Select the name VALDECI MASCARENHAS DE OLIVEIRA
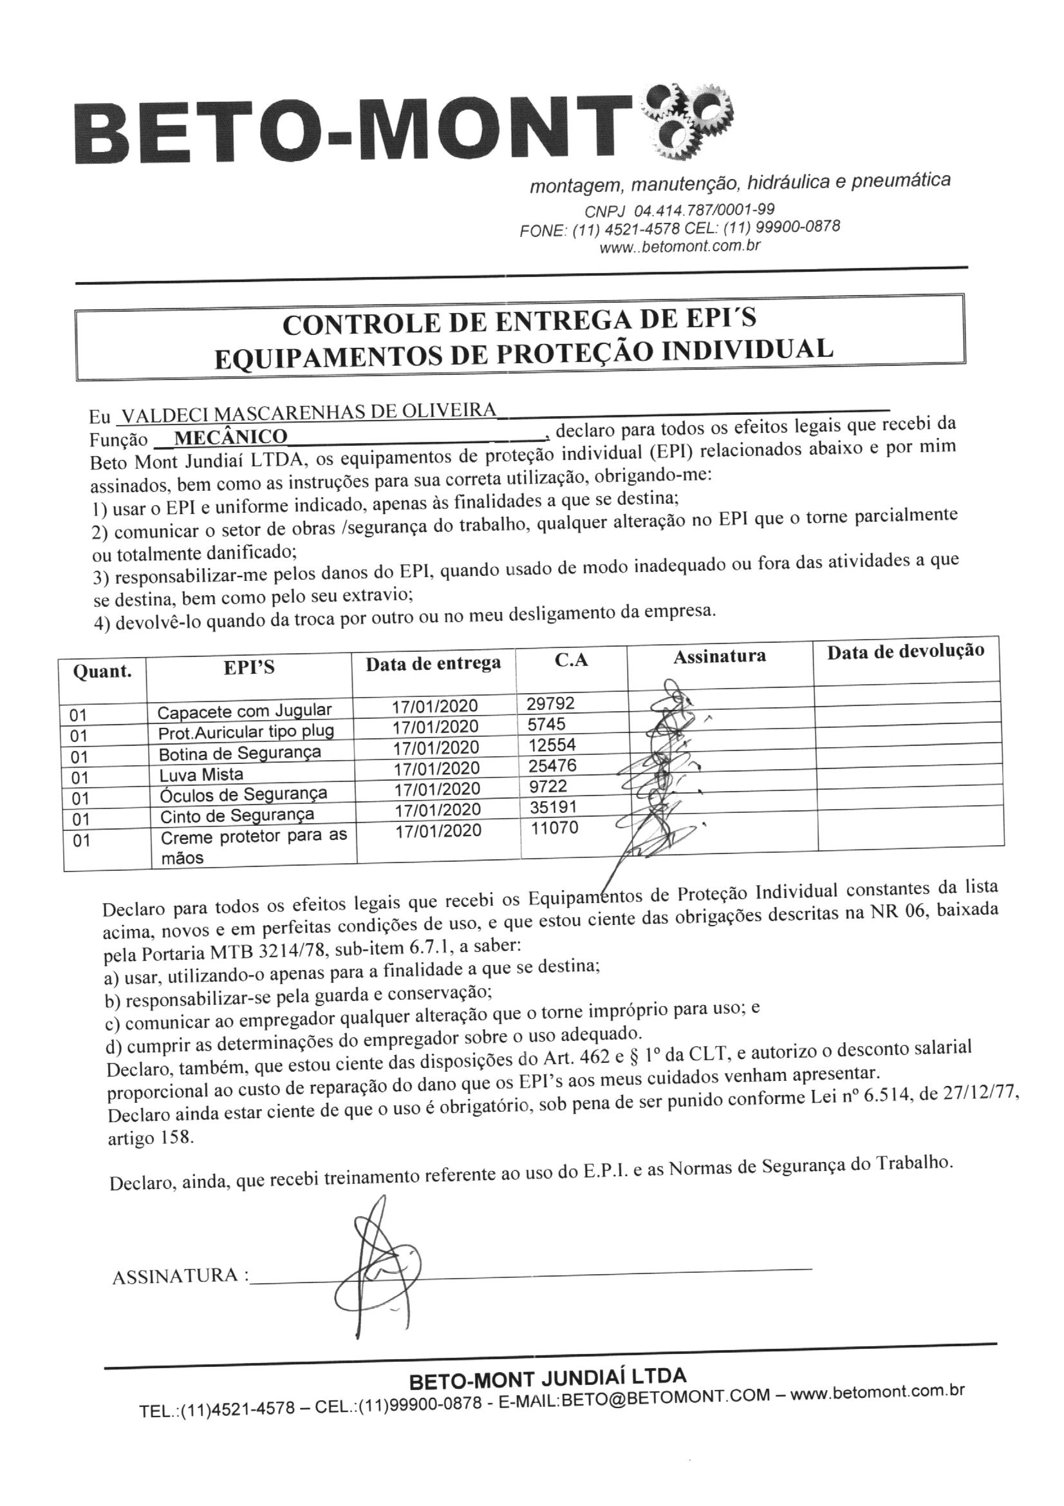coord(309,411)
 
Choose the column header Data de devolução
coord(906,651)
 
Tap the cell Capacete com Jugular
coord(245,711)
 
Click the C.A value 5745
coord(545,724)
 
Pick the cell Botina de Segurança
coord(240,753)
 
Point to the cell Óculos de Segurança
coord(244,795)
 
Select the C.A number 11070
coord(555,828)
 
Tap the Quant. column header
coord(102,671)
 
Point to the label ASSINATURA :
coord(180,1277)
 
